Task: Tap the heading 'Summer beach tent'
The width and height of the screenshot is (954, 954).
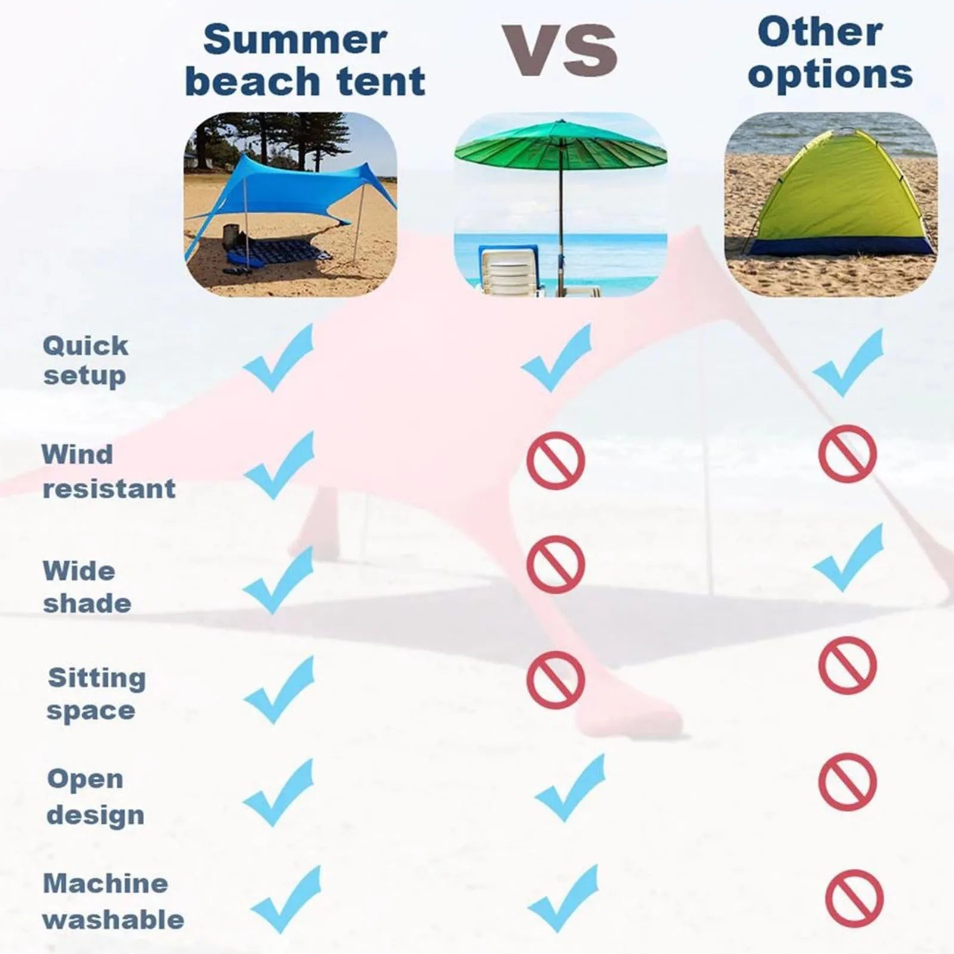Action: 305,60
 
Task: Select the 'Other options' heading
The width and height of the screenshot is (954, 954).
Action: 830,53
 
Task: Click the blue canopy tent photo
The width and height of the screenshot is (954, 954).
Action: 290,204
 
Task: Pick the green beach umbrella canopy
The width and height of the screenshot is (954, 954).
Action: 561,147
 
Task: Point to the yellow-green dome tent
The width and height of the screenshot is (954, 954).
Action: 837,194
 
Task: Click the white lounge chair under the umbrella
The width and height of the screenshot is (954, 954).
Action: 509,271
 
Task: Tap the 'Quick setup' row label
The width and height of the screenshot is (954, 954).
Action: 85,361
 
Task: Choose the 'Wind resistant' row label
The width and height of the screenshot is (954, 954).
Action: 108,472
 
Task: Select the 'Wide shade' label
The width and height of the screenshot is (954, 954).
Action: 87,587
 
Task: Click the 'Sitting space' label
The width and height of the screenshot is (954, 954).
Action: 97,694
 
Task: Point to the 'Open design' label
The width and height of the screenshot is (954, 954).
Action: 95,797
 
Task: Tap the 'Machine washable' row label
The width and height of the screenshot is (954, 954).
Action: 113,902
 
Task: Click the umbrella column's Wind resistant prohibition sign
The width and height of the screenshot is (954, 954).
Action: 556,461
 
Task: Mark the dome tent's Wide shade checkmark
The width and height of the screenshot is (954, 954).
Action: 849,558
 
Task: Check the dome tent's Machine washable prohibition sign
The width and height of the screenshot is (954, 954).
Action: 854,899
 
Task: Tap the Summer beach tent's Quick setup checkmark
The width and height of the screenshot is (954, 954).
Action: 278,358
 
